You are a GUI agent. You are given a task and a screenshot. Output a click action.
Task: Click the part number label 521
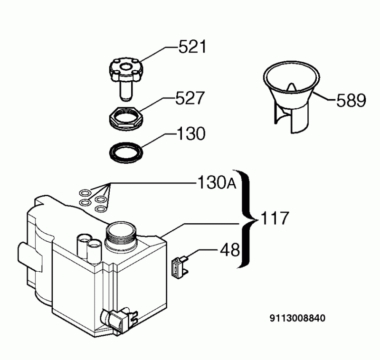coord(192,47)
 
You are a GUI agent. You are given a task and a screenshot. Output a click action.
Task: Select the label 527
coord(190,99)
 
